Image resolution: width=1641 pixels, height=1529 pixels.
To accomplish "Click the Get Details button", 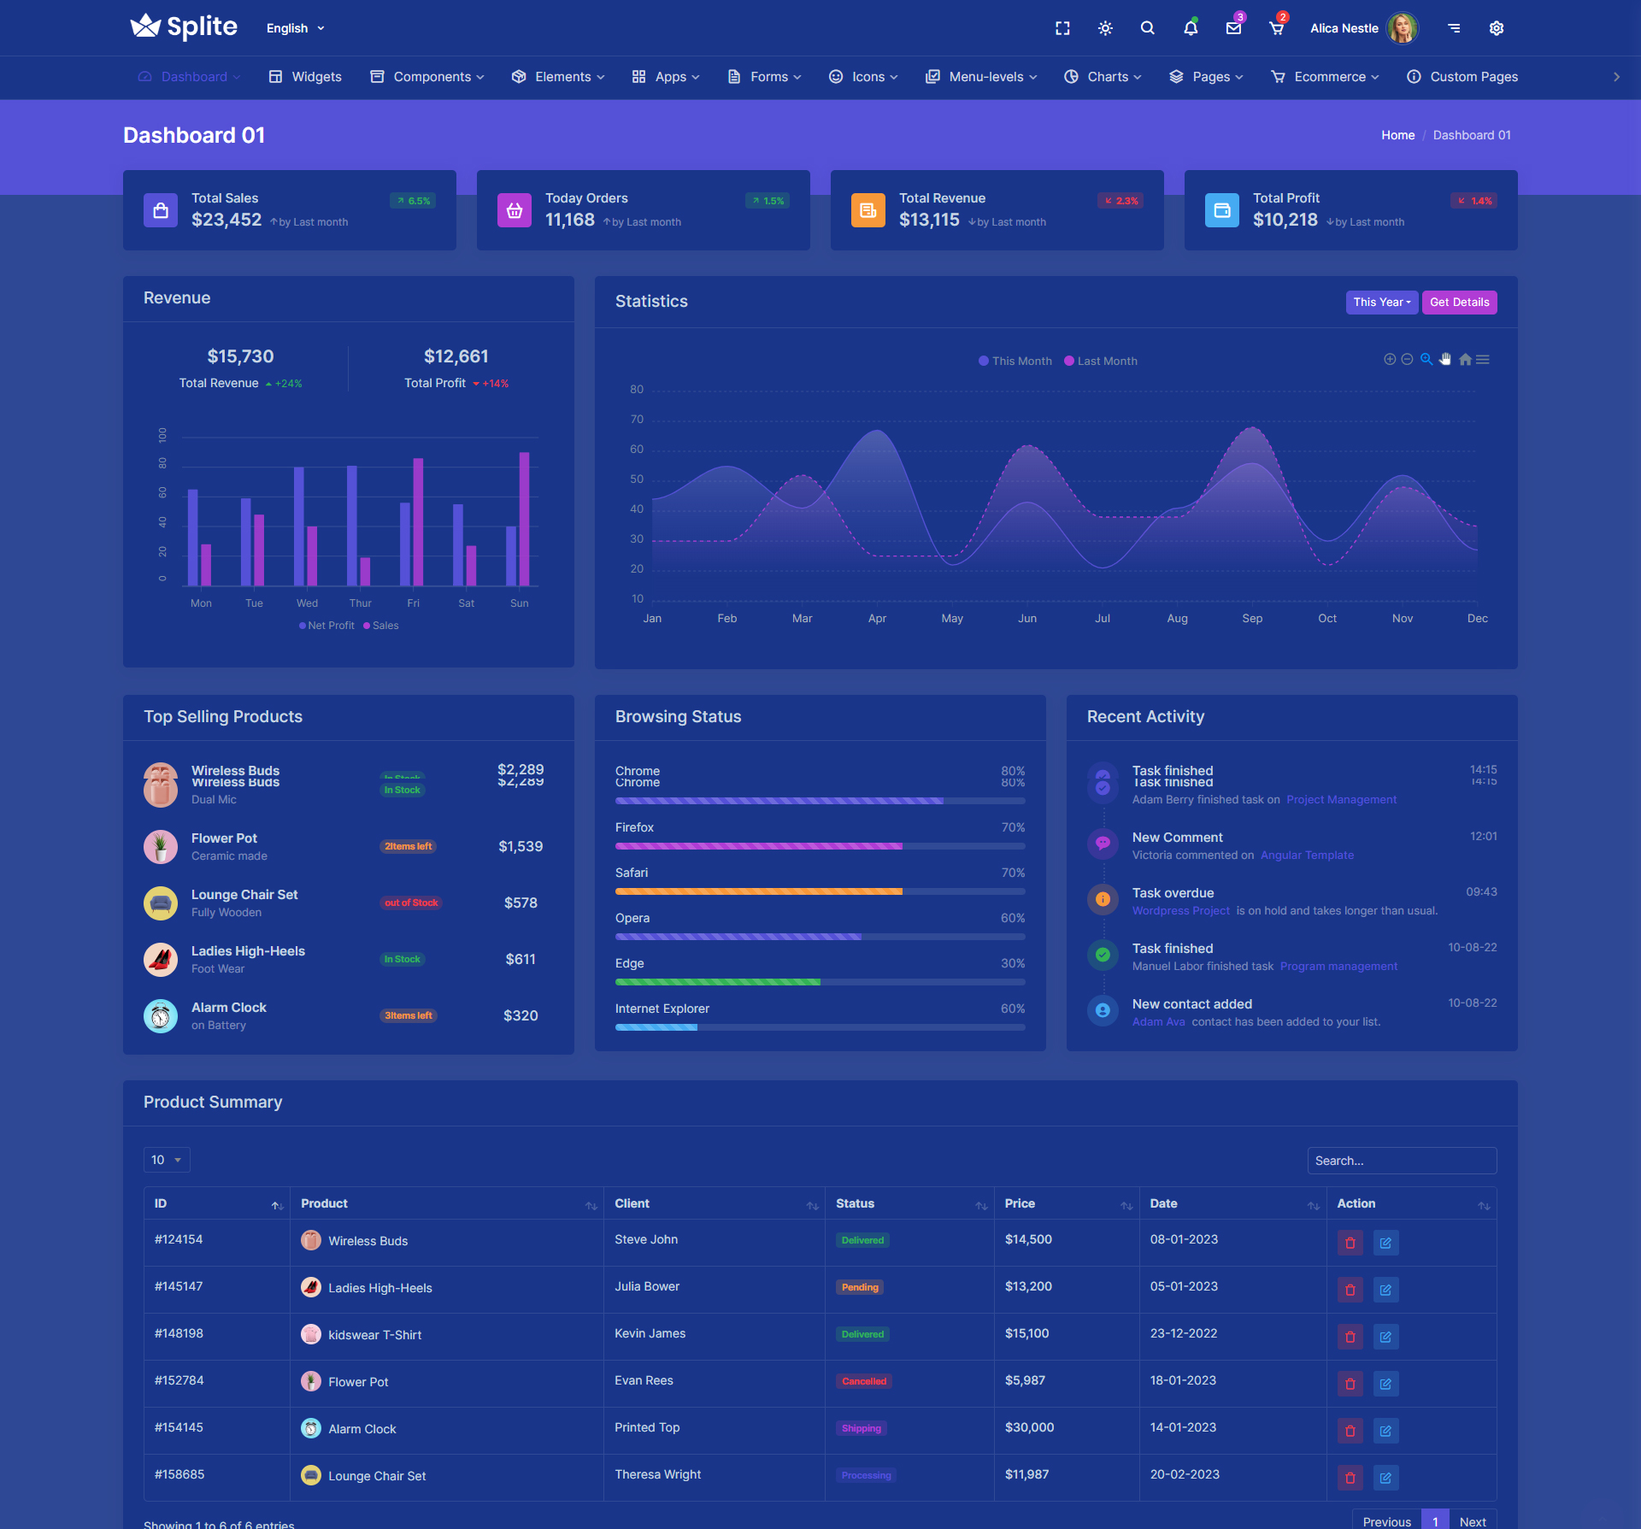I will tap(1459, 303).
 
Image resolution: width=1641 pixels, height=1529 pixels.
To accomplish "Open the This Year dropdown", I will tap(1381, 303).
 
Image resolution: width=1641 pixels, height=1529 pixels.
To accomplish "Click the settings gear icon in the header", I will tap(1496, 28).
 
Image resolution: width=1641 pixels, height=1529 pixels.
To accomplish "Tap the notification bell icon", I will tap(1190, 28).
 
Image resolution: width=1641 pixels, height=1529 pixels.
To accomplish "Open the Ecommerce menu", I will tap(1325, 77).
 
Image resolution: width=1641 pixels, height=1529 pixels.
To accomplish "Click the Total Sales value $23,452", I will tap(226, 221).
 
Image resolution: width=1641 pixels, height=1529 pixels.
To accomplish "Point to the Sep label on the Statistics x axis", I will tap(1252, 619).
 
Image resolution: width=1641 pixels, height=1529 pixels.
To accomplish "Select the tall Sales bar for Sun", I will tap(524, 518).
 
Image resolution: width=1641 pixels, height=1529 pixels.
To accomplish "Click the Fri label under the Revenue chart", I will tap(414, 603).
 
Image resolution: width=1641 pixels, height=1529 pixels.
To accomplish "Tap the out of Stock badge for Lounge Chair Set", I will tap(411, 903).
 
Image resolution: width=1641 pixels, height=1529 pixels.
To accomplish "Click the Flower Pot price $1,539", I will tap(521, 847).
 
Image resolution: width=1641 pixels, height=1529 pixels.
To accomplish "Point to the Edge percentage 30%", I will tap(1013, 964).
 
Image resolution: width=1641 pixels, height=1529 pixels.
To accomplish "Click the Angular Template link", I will tap(1307, 856).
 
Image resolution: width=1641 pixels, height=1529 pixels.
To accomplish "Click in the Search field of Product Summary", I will tap(1402, 1161).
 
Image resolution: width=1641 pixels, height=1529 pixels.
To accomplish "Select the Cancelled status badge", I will tap(864, 1382).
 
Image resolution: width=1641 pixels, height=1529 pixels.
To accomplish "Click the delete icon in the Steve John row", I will tap(1350, 1244).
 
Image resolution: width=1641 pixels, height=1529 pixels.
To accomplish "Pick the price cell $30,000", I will tap(1030, 1428).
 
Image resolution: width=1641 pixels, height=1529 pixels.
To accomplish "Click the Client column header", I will tap(632, 1204).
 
